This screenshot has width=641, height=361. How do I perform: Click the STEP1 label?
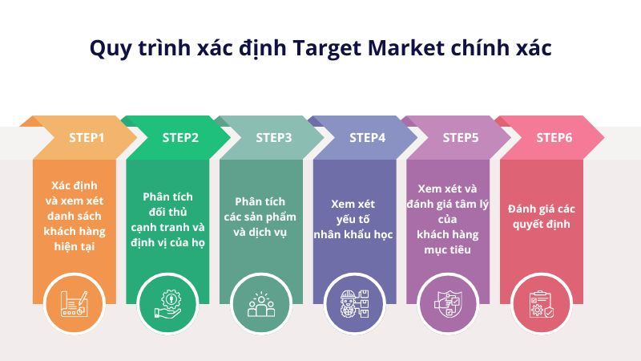pyautogui.click(x=87, y=138)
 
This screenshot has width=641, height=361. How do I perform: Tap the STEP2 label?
pyautogui.click(x=180, y=138)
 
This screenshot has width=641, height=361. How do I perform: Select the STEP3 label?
pyautogui.click(x=274, y=138)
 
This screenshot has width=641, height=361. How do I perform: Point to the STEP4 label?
pyautogui.click(x=367, y=138)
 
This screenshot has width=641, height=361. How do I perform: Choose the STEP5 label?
pyautogui.click(x=461, y=138)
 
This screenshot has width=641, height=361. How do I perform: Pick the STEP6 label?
pyautogui.click(x=554, y=138)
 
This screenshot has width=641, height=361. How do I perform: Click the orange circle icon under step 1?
pyautogui.click(x=75, y=304)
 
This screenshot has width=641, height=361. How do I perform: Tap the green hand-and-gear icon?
pyautogui.click(x=167, y=304)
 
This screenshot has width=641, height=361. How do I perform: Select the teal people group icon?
pyautogui.click(x=261, y=304)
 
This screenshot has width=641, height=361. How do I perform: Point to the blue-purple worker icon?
pyautogui.click(x=354, y=304)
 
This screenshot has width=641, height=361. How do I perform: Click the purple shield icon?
pyautogui.click(x=448, y=304)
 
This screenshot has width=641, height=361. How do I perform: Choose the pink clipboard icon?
pyautogui.click(x=542, y=304)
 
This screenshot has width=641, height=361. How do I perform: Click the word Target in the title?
pyautogui.click(x=328, y=48)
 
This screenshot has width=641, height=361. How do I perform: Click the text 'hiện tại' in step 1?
pyautogui.click(x=75, y=246)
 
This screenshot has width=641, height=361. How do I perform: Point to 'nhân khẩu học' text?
pyautogui.click(x=353, y=234)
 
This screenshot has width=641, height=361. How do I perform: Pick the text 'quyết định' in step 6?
pyautogui.click(x=542, y=225)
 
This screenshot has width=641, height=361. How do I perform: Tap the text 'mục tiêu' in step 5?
pyautogui.click(x=448, y=249)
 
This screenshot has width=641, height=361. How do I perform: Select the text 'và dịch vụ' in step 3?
pyautogui.click(x=260, y=233)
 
